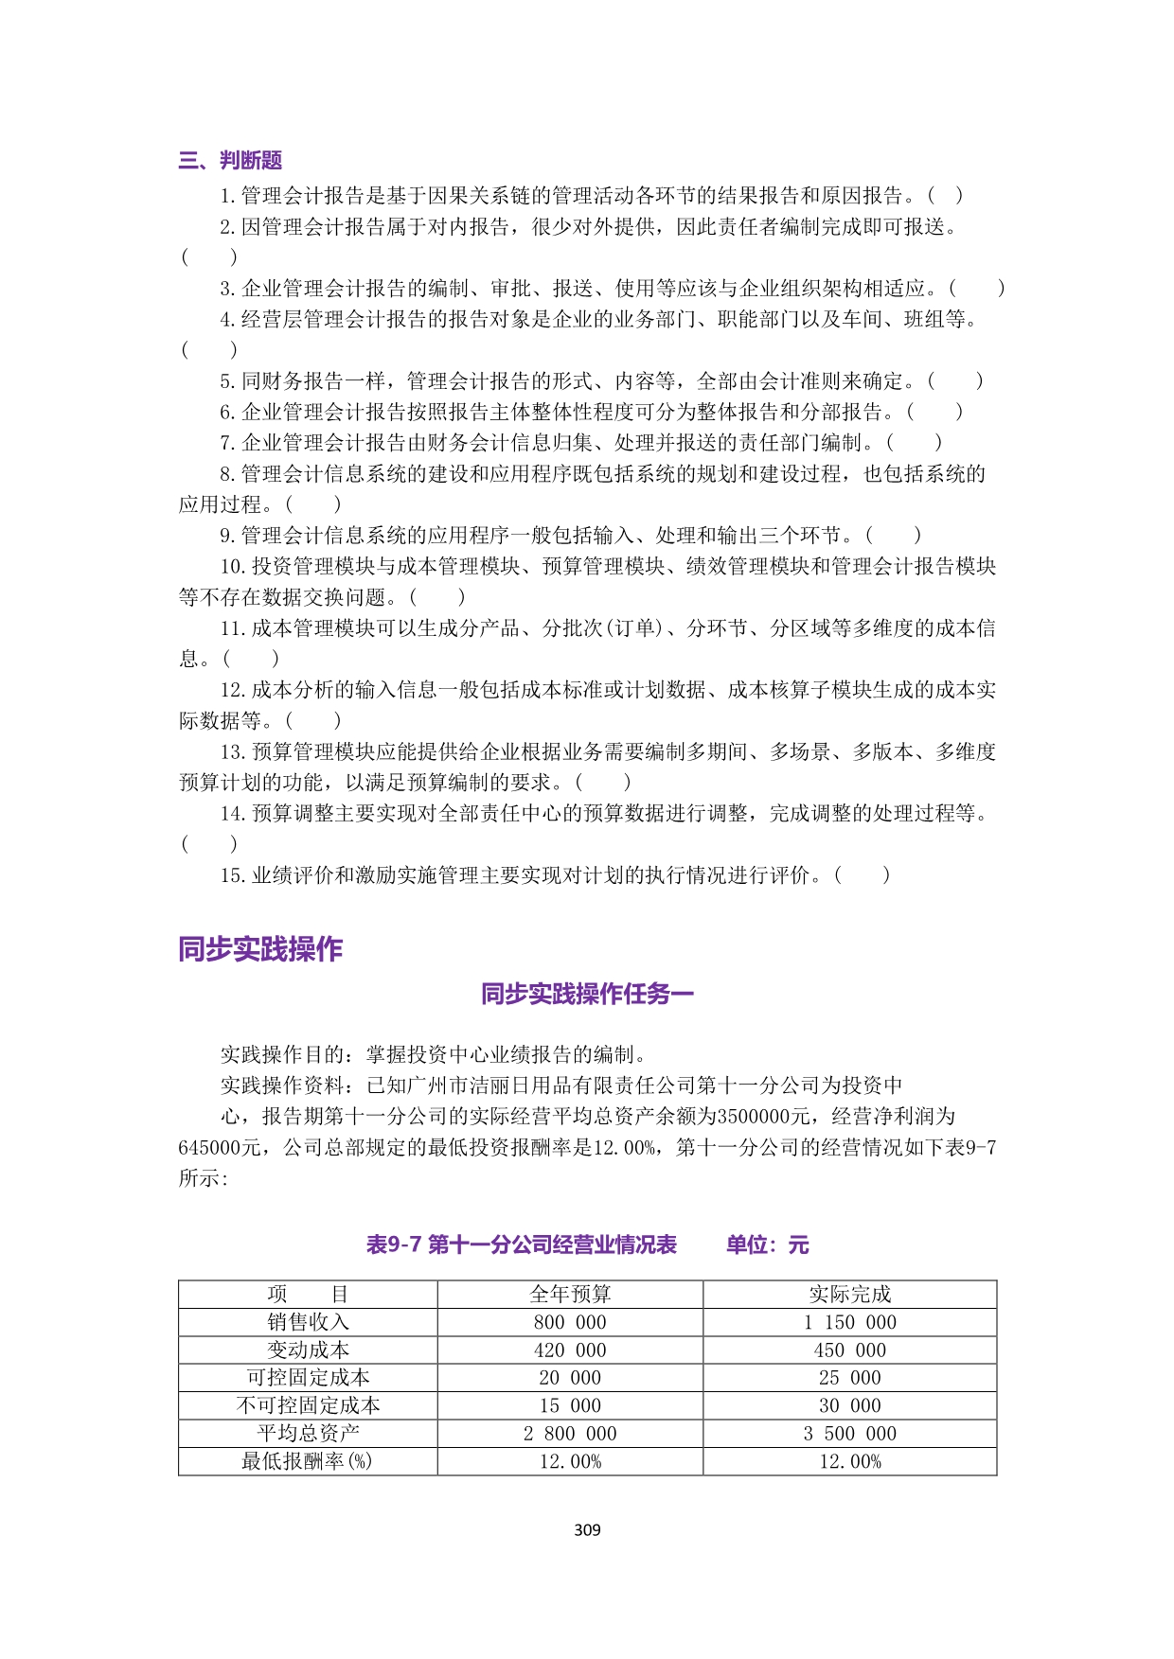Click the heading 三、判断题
click(x=230, y=161)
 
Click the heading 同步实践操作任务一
click(x=587, y=994)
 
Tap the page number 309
click(x=587, y=1529)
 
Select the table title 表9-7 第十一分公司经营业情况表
click(x=522, y=1244)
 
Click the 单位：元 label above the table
click(x=767, y=1244)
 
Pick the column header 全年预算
click(x=570, y=1294)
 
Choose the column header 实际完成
click(x=849, y=1294)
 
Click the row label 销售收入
click(x=308, y=1322)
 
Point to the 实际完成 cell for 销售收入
click(x=849, y=1322)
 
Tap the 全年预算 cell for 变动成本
click(x=570, y=1350)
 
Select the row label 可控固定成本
click(x=308, y=1378)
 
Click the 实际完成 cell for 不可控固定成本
click(x=849, y=1406)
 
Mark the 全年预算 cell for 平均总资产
click(x=570, y=1434)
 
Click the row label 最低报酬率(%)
click(x=308, y=1461)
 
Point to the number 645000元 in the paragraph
click(x=220, y=1148)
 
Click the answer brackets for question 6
click(x=934, y=412)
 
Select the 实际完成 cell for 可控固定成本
click(x=849, y=1378)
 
